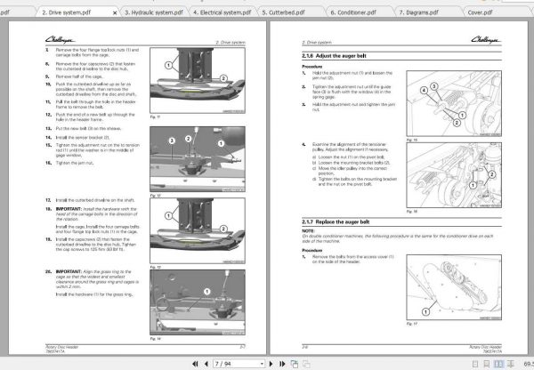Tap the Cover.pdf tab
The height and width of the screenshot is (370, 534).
[494, 13]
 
